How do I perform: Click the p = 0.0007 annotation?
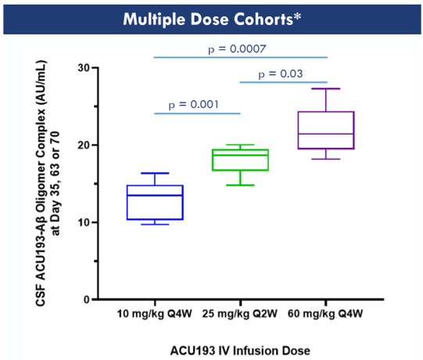[x=237, y=49]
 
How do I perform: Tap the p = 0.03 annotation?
[x=281, y=74]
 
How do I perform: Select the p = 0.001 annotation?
[x=193, y=105]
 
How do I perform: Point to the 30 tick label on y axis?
[x=84, y=67]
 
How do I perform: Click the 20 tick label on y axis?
[x=84, y=145]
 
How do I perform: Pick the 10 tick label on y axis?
[x=84, y=222]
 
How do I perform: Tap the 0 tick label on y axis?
[x=87, y=300]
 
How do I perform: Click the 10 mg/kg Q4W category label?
[x=155, y=314]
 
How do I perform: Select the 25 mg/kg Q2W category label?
[x=240, y=314]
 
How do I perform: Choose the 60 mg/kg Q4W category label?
[x=325, y=314]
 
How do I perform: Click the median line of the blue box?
[x=155, y=195]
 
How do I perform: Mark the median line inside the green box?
[x=240, y=155]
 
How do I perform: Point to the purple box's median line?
[x=326, y=134]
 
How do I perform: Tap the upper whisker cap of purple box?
[x=326, y=88]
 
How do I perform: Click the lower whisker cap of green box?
[x=240, y=185]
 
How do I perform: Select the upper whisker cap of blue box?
[x=155, y=173]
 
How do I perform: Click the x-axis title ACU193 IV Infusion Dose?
[x=240, y=351]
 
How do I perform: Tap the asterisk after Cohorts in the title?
[x=297, y=16]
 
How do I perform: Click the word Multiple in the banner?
[x=154, y=20]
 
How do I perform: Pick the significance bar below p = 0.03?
[x=284, y=82]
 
